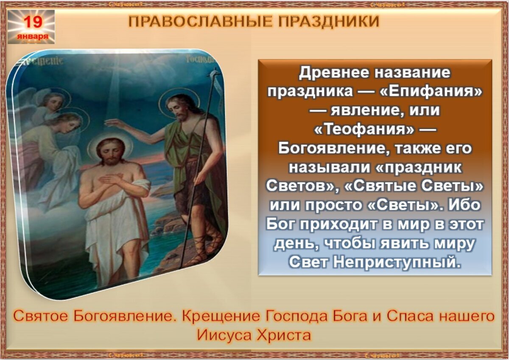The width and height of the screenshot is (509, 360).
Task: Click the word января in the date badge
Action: tap(32, 37)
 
